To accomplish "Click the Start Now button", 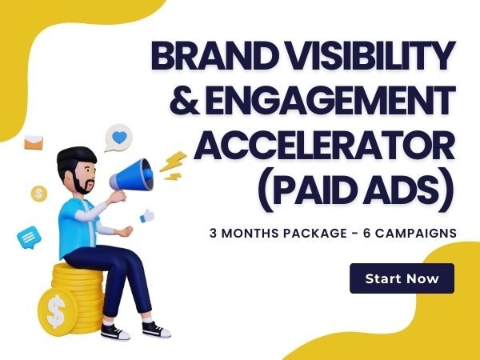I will point(402,278).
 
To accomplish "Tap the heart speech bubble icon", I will point(118,138).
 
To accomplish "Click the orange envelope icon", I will point(34,144).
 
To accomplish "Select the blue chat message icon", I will point(29,237).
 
